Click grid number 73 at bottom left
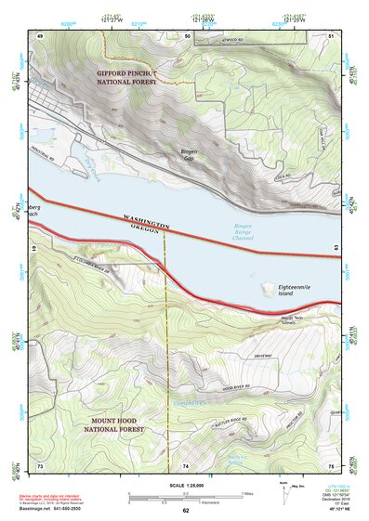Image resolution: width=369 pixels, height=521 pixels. (x=40, y=464)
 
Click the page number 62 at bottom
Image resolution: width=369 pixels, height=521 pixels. (x=185, y=510)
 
